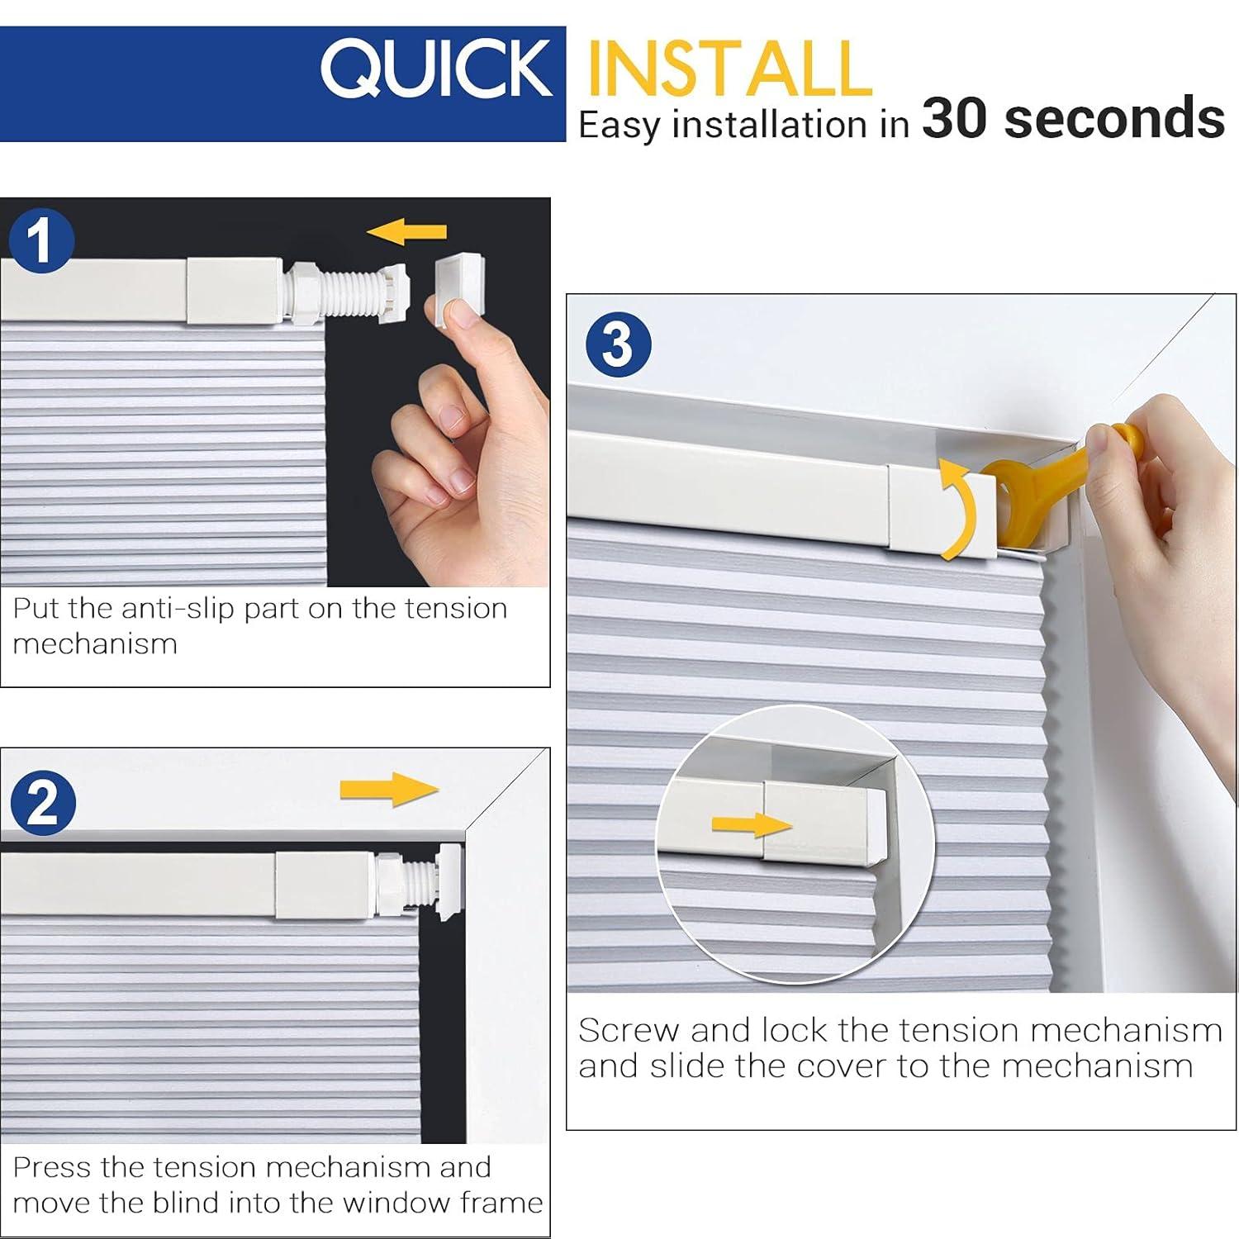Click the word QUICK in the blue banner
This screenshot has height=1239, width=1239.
436,69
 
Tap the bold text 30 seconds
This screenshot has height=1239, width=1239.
1072,118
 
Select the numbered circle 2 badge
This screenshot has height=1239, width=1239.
43,803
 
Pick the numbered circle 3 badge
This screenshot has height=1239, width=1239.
619,344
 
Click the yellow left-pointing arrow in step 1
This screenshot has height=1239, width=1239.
406,234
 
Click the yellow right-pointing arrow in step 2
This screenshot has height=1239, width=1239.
388,789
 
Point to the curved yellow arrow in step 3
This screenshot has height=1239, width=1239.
960,510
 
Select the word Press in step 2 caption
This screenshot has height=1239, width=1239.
52,1168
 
